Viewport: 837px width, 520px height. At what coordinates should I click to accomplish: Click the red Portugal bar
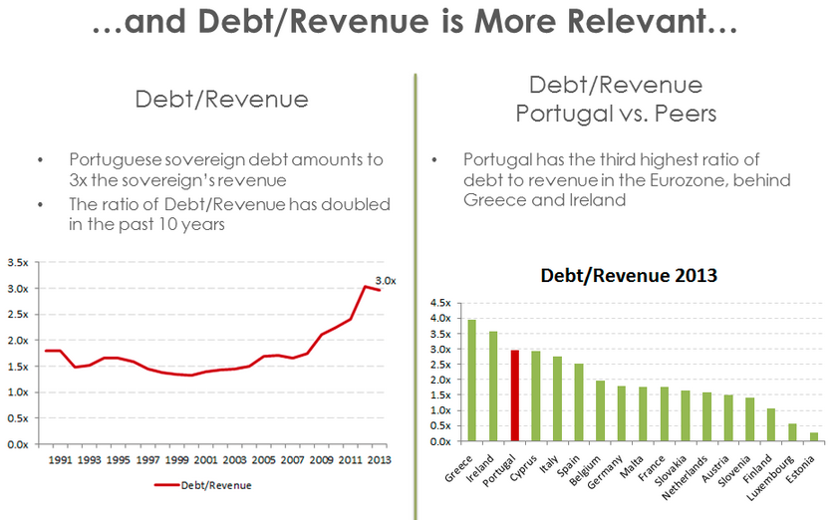(514, 395)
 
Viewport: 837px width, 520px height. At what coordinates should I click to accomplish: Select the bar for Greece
(471, 381)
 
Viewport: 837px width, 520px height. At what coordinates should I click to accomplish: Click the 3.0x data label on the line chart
(386, 280)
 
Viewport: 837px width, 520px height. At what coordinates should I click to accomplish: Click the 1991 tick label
(60, 459)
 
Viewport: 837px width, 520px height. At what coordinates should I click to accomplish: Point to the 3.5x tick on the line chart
(17, 263)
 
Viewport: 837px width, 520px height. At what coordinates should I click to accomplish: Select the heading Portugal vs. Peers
(615, 114)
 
